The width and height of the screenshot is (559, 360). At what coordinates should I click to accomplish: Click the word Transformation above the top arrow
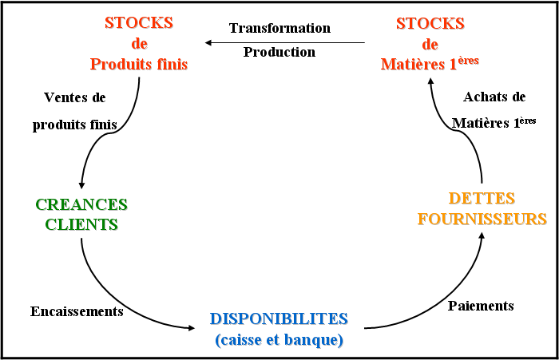tap(279, 28)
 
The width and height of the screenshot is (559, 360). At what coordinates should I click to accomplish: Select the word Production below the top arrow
tap(279, 52)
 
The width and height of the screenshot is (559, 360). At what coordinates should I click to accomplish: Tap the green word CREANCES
tap(81, 204)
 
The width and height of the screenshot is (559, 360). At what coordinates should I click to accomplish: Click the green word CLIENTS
tap(81, 224)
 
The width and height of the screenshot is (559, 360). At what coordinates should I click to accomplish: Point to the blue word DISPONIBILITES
tap(279, 318)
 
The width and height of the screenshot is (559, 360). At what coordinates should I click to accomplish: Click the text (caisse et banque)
tap(279, 340)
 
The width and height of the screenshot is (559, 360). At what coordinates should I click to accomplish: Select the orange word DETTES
tap(482, 198)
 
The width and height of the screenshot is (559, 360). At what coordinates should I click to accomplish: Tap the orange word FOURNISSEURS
tap(482, 219)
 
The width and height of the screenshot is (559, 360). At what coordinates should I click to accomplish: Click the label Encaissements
tap(77, 311)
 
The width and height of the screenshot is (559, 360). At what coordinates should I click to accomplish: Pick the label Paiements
tap(481, 306)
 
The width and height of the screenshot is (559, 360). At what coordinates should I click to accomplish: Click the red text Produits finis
tap(139, 64)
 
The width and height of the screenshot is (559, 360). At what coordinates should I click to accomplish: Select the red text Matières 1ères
tap(430, 63)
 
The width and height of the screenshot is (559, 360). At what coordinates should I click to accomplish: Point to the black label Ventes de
tap(75, 97)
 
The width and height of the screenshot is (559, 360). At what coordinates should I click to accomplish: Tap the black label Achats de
tap(494, 97)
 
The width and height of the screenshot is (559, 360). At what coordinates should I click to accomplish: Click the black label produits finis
tap(75, 125)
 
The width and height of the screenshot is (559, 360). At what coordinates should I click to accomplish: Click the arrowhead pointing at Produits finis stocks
tap(208, 43)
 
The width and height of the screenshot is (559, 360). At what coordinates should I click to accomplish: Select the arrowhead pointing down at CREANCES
tap(81, 185)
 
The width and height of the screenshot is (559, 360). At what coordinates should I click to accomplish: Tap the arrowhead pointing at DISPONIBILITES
tap(192, 327)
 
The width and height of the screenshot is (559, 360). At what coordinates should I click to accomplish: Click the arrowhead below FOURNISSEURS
tap(482, 235)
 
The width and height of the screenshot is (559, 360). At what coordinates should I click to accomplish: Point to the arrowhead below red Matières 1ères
tap(430, 81)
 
